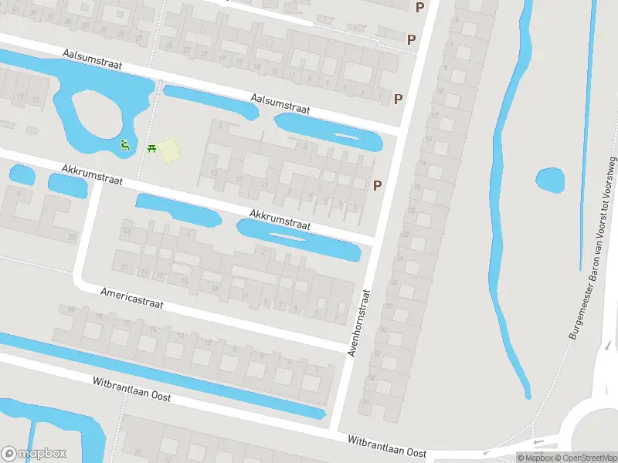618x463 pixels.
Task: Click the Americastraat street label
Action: (132, 298)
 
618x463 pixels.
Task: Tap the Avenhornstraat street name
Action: (358, 322)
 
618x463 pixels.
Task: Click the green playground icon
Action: (124, 144)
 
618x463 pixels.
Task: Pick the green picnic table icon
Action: (151, 146)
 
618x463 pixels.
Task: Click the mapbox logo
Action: (34, 454)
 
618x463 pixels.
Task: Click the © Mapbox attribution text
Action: (534, 458)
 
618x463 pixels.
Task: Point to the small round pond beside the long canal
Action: (550, 181)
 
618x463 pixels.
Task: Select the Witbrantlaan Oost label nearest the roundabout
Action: (387, 447)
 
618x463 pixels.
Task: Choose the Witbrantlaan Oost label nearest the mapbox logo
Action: (131, 390)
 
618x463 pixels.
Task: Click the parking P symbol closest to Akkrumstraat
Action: (378, 185)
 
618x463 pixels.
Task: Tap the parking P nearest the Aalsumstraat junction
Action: (399, 99)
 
